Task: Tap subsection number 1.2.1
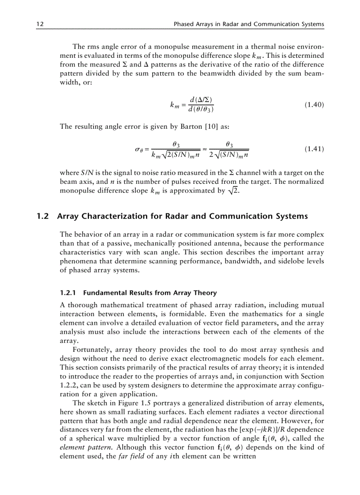(68, 293)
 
